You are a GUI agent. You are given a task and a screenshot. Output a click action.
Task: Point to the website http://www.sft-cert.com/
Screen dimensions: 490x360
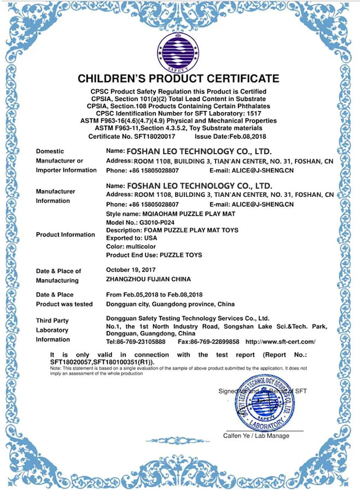click(x=281, y=341)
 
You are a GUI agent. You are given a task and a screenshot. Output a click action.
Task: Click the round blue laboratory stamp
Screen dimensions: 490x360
click(x=265, y=404)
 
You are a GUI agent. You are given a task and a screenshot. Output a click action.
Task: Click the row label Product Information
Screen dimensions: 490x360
click(x=65, y=235)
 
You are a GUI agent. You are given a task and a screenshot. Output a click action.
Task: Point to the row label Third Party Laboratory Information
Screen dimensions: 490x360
click(x=53, y=330)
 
